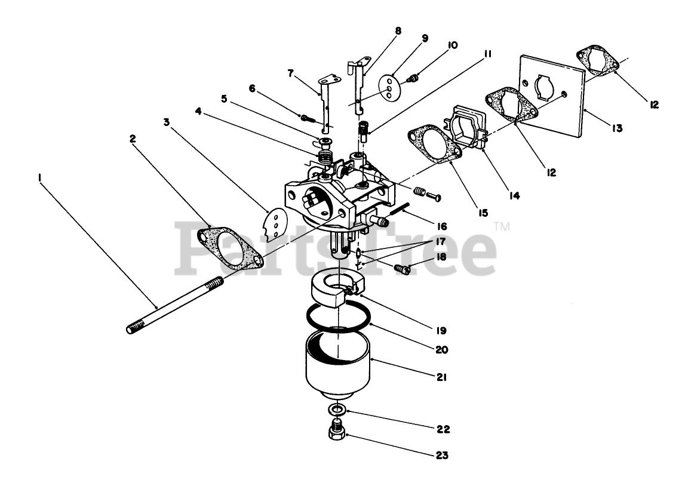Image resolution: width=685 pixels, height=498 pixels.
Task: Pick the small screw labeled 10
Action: coord(411,78)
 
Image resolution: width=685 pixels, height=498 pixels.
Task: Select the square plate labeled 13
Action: coord(552,96)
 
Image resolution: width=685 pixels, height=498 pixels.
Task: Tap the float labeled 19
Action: coord(334,286)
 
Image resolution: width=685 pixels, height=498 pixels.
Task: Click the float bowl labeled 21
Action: coord(338,364)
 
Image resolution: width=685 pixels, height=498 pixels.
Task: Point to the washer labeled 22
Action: coord(337,410)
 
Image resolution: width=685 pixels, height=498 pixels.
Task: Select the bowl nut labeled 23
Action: coord(337,431)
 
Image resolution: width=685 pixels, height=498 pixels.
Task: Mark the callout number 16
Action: coord(441,226)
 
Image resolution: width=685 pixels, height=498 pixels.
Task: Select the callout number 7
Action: coord(290,73)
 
